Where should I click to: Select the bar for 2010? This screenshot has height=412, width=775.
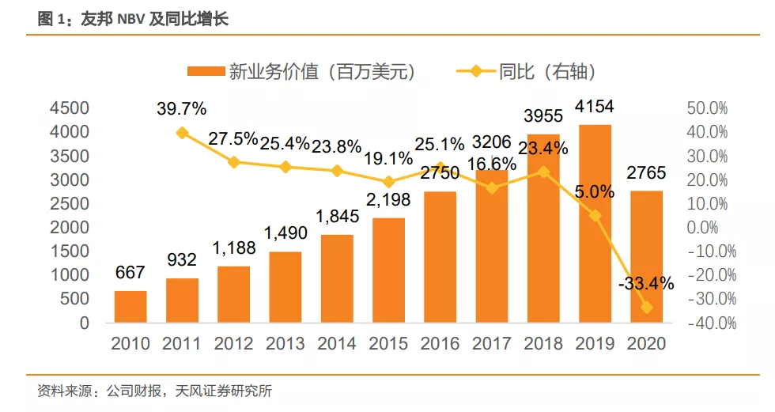click(x=130, y=307)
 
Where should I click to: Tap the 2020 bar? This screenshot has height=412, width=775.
click(x=646, y=257)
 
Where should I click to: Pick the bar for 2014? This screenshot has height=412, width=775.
click(x=337, y=278)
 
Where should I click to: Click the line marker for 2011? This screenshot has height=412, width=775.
click(x=183, y=133)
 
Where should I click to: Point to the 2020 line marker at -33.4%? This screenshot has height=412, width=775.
click(x=646, y=308)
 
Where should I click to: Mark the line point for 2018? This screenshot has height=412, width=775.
click(x=543, y=172)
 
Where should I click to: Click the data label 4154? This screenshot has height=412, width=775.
click(x=595, y=107)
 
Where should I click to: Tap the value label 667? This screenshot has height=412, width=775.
click(x=130, y=273)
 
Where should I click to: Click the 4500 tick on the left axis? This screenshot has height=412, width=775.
click(x=70, y=108)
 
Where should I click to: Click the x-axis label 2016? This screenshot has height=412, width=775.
click(x=440, y=344)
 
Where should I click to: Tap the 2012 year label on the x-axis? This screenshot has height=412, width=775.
click(x=233, y=344)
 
